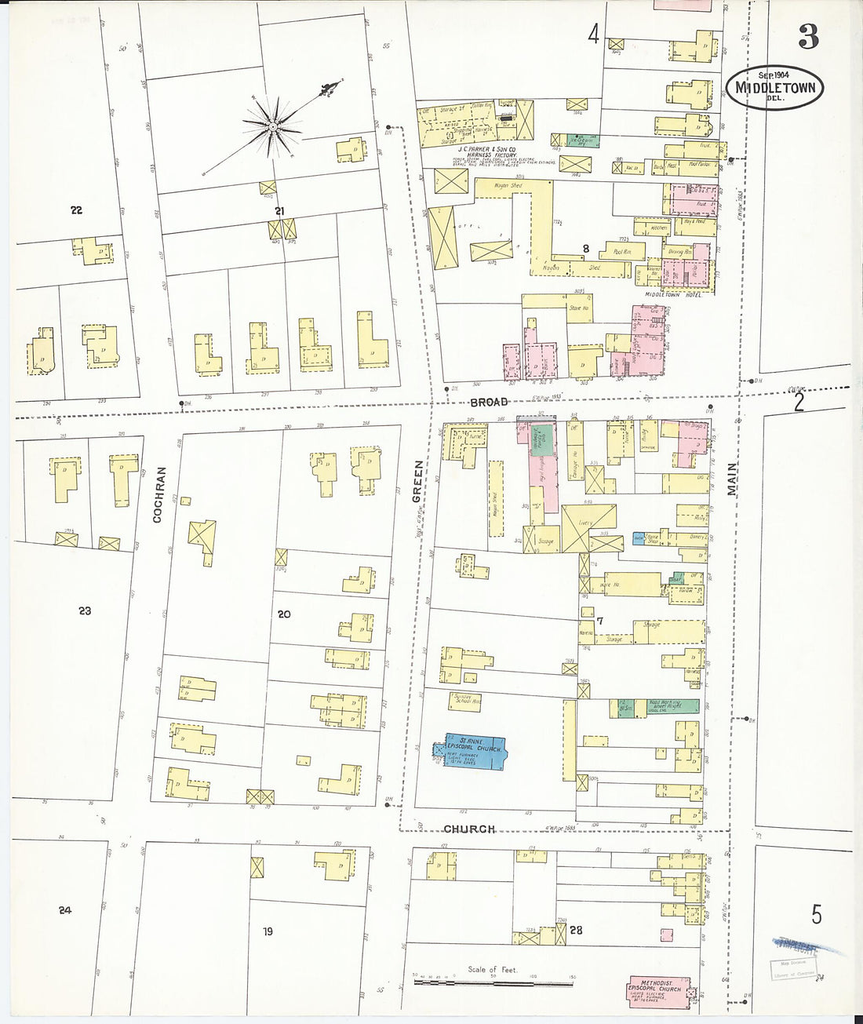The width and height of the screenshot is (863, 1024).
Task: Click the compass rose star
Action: click(271, 126)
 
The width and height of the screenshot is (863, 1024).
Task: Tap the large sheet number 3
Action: click(809, 36)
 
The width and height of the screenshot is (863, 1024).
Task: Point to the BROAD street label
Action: click(490, 402)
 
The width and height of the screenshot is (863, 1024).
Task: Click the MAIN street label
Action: click(731, 479)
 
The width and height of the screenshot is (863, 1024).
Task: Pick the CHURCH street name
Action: click(469, 829)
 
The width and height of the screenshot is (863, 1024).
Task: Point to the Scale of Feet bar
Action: click(493, 982)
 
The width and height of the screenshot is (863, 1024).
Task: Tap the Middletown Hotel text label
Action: click(673, 294)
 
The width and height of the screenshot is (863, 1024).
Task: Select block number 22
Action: click(76, 210)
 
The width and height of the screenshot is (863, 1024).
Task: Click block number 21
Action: click(279, 210)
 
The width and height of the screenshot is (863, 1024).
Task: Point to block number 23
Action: click(85, 610)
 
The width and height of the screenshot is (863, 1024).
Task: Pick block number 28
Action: click(576, 931)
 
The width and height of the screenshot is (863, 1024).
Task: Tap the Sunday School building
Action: click(465, 700)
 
